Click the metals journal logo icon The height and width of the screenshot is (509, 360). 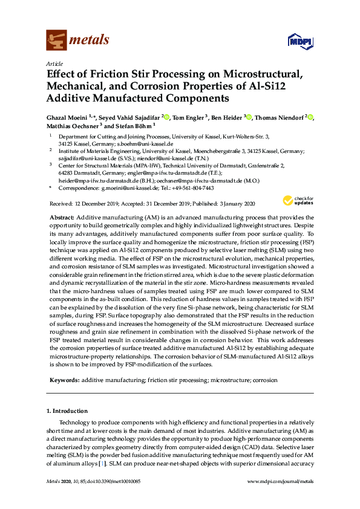point(56,41)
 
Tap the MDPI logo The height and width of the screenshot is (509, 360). point(298,42)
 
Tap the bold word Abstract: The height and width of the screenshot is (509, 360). point(61,217)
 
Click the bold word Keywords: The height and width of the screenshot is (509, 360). point(63,380)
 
